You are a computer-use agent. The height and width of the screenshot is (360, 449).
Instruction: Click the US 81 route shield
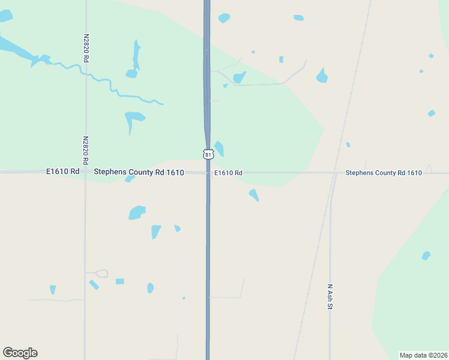click(208, 154)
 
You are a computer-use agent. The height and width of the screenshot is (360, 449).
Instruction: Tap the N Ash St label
click(330, 297)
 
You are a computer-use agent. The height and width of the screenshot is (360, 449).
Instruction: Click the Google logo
click(20, 353)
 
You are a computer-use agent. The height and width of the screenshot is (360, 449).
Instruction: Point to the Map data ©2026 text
click(423, 355)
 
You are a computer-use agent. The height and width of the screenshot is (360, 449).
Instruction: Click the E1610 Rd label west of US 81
click(63, 172)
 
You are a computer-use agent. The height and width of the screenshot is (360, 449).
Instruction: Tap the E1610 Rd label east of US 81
click(229, 173)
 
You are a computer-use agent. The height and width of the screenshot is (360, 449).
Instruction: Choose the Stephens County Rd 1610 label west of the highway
click(139, 172)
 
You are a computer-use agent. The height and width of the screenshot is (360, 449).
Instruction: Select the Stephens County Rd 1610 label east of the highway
click(384, 173)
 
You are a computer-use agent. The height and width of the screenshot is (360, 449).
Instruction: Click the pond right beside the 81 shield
click(220, 148)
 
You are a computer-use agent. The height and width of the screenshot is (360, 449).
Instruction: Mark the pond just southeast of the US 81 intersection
click(254, 195)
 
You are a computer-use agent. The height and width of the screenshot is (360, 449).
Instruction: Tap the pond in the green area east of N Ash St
click(426, 256)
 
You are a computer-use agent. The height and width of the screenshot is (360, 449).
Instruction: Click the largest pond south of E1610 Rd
click(137, 212)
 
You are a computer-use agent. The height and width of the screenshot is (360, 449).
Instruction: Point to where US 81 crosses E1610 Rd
click(208, 173)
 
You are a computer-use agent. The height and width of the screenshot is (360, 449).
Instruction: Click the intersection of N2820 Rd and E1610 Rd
click(85, 172)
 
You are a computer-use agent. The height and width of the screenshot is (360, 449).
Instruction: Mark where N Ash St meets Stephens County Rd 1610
click(332, 173)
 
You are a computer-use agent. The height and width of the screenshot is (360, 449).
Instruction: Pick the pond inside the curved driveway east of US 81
click(240, 77)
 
